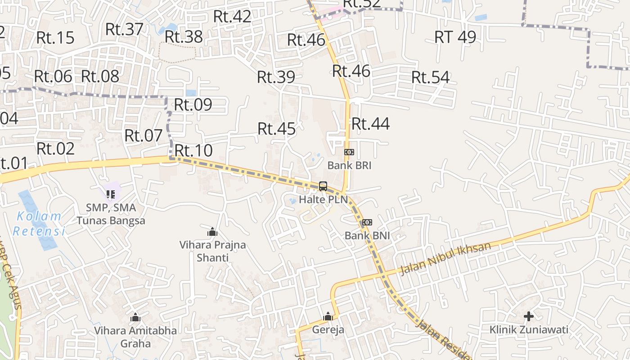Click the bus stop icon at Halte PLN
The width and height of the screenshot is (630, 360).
point(323,186)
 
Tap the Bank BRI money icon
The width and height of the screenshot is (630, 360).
point(349,152)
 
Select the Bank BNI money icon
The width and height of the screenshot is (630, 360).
point(367,222)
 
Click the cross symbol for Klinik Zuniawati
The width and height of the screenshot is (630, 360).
point(529,316)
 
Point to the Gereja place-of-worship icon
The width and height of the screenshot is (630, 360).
point(328,316)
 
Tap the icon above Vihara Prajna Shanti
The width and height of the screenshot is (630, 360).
point(212,232)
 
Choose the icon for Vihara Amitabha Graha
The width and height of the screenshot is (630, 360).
point(135,318)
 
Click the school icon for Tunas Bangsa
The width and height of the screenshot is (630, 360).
point(111,194)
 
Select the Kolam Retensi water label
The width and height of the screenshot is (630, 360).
point(39,224)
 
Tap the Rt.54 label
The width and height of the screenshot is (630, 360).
point(430,77)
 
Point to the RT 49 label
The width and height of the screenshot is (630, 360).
point(455,37)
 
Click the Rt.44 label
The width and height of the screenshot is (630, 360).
point(370,124)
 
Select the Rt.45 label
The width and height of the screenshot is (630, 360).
point(277,129)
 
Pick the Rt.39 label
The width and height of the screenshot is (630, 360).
point(276,77)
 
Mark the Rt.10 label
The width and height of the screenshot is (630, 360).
point(193,151)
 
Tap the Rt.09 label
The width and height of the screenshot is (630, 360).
point(193,105)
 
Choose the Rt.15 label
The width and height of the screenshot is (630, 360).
point(55,38)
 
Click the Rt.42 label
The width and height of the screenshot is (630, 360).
point(232,17)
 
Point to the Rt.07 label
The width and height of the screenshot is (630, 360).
point(143,135)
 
